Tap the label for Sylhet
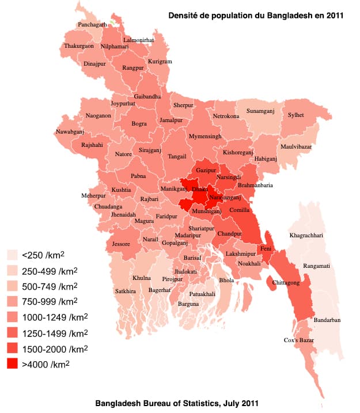pos(295,115)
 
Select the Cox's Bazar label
pos(299,340)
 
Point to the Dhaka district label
pos(200,189)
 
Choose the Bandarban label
pos(327,320)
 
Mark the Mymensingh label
pos(205,137)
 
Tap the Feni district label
pos(266,248)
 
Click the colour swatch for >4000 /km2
pos(13,364)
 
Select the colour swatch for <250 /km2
pos(13,255)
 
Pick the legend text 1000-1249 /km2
pos(50,317)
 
